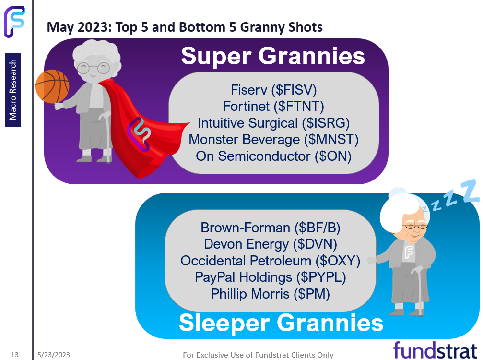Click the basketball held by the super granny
point(52,86)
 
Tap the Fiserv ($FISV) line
point(273,90)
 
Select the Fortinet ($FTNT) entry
point(273,107)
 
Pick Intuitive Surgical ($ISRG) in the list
point(273,123)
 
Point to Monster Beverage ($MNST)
point(273,139)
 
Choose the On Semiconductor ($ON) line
point(273,156)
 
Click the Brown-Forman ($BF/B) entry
point(271,228)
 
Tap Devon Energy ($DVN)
point(271,244)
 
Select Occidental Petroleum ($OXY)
point(271,261)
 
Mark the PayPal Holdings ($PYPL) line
point(271,277)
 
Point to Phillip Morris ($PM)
point(271,294)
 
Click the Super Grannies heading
point(273,56)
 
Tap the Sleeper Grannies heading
point(281,323)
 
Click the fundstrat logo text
point(435,350)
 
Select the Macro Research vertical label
point(12,90)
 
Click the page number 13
point(15,355)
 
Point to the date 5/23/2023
point(54,355)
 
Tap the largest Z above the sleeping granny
point(470,191)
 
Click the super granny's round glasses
point(94,68)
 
